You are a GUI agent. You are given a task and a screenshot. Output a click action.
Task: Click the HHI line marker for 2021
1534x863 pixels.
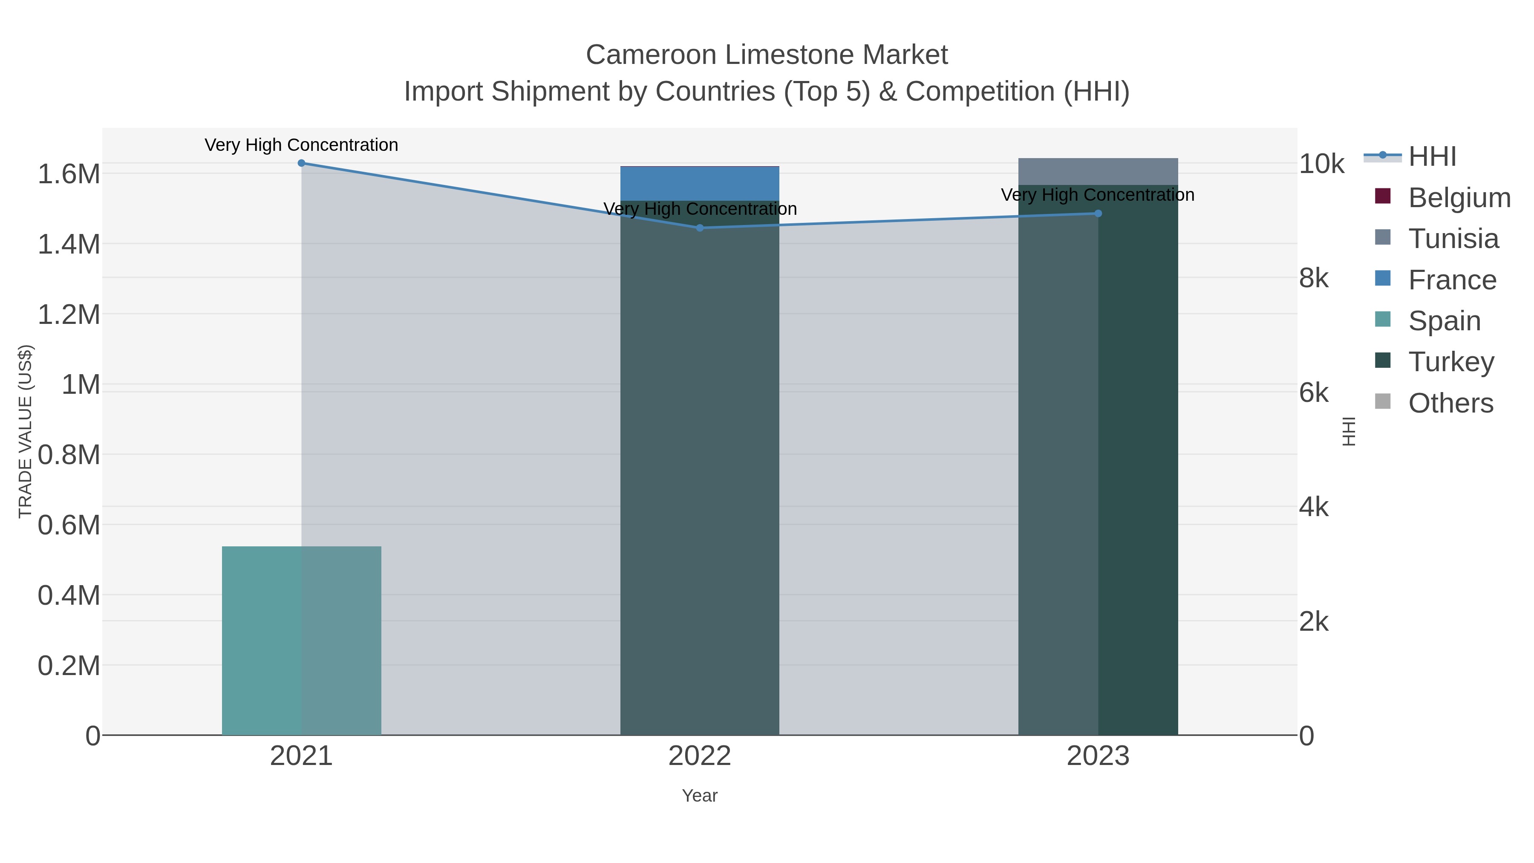[x=301, y=163]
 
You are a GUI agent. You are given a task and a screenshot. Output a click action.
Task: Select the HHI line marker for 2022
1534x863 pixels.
[x=700, y=228]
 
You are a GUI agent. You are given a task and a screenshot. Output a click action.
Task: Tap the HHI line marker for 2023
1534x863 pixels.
[x=1098, y=213]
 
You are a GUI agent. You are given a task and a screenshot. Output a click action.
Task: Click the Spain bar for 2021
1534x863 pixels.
[x=301, y=640]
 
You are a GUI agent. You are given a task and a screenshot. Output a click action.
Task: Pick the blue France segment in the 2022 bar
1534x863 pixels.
[x=700, y=183]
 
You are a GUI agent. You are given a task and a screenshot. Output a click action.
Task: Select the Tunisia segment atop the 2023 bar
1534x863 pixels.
[x=1098, y=171]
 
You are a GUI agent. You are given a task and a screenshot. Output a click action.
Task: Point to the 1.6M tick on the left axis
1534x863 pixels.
[x=69, y=174]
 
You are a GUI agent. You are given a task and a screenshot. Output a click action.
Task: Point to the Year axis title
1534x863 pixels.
[x=700, y=796]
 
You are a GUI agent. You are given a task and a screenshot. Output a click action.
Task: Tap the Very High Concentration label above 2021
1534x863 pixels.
[x=301, y=145]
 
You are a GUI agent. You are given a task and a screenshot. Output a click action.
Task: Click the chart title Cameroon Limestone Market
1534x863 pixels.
[x=767, y=55]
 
